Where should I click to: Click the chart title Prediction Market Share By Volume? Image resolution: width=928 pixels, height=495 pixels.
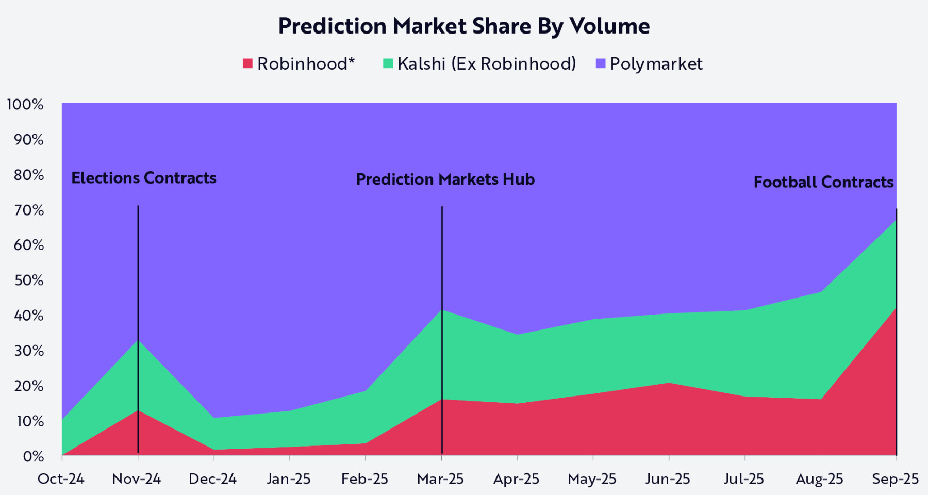click(x=463, y=26)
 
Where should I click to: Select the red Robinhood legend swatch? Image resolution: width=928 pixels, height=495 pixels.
click(x=248, y=63)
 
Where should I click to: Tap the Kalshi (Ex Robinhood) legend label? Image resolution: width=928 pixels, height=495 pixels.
click(x=486, y=63)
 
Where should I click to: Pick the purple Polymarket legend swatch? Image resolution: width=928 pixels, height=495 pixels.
click(x=600, y=63)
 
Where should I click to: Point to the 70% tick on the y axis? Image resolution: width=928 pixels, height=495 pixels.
click(x=29, y=210)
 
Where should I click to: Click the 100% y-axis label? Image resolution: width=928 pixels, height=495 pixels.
click(x=25, y=104)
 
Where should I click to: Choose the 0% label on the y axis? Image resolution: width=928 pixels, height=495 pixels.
click(x=34, y=456)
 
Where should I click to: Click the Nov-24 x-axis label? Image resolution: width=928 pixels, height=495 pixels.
click(x=137, y=479)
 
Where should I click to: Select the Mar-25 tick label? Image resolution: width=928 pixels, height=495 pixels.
click(x=440, y=479)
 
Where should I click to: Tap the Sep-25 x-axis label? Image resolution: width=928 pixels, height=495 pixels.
click(x=895, y=479)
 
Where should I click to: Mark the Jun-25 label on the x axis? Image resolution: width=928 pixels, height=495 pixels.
click(x=668, y=479)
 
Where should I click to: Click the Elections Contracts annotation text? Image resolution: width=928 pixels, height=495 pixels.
click(x=144, y=178)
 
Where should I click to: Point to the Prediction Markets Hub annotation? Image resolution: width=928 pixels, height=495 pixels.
click(x=445, y=179)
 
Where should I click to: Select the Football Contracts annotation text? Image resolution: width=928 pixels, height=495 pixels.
click(x=823, y=182)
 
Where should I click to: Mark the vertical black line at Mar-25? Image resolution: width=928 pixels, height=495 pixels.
click(x=442, y=258)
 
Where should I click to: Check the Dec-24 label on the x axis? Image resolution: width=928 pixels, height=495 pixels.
click(x=212, y=479)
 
